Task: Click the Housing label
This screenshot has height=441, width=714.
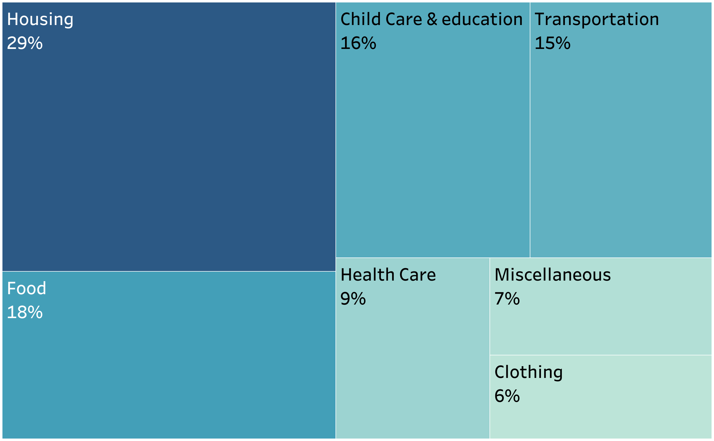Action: [x=40, y=20]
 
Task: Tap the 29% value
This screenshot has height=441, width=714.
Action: [x=25, y=43]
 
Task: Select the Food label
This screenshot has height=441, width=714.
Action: [x=27, y=288]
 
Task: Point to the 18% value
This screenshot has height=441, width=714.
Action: [x=25, y=312]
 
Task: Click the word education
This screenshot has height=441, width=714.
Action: [x=482, y=19]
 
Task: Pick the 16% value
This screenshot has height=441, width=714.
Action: [x=358, y=43]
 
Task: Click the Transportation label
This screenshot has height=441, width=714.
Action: [x=597, y=19]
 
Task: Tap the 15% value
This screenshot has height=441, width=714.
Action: [x=552, y=43]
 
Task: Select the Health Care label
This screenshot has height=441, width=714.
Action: [x=388, y=275]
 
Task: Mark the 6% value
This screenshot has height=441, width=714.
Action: [x=507, y=396]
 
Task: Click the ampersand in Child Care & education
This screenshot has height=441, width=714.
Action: [x=432, y=19]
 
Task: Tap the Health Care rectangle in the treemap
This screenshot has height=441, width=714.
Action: [x=412, y=365]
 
